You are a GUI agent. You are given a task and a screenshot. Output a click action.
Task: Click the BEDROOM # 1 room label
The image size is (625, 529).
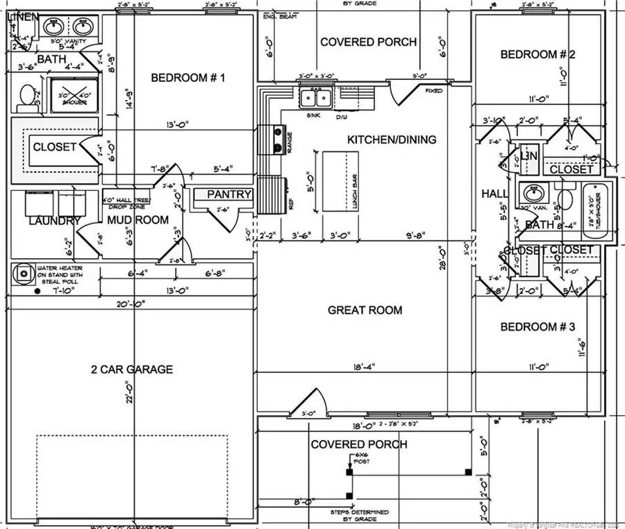(x=188, y=78)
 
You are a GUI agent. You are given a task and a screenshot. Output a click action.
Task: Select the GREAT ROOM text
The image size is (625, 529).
(x=365, y=310)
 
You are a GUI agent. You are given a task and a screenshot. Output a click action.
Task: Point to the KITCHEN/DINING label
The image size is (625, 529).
(x=392, y=140)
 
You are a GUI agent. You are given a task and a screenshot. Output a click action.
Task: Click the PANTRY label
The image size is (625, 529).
(x=228, y=194)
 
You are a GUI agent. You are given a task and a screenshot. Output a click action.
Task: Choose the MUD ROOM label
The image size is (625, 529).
(x=137, y=220)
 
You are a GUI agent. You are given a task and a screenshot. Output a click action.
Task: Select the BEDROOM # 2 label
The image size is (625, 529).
(x=538, y=54)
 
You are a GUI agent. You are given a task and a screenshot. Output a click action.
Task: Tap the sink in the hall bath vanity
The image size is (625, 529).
(x=533, y=192)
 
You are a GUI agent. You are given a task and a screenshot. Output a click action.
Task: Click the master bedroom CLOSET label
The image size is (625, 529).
(x=55, y=147)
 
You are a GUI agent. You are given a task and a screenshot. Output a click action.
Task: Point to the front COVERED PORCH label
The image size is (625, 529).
(x=359, y=444)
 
